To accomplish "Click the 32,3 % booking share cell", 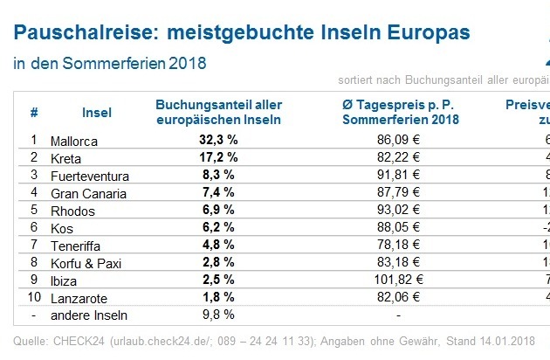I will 218,140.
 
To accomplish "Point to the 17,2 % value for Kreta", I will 218,157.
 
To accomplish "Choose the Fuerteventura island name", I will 93,175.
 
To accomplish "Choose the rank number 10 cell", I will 34,298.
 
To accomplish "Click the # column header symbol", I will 34,113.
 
